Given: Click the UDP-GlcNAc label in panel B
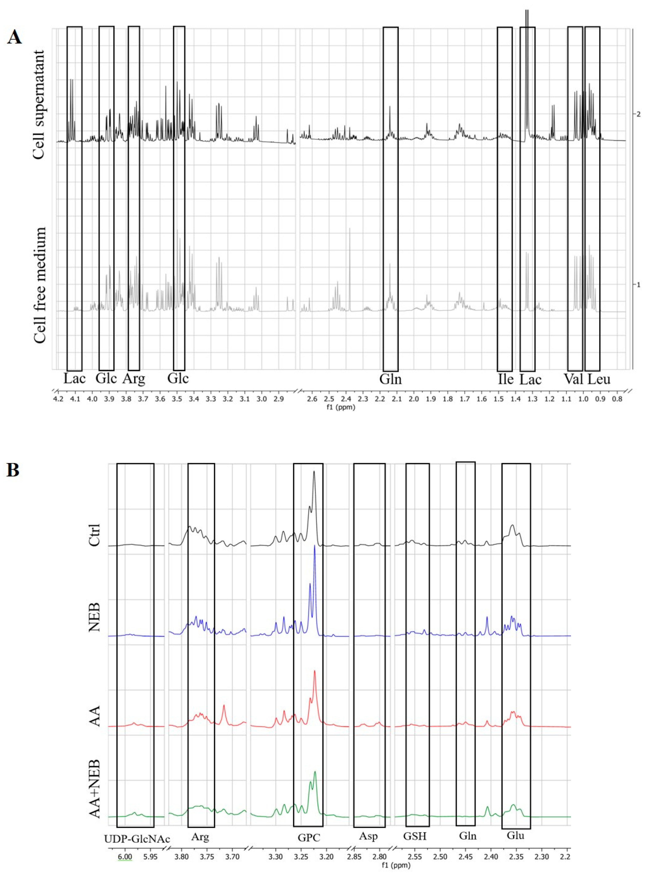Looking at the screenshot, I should pos(137,839).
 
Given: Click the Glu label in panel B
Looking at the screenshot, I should pos(516,836).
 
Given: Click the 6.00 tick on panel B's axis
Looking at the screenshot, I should pos(125,854).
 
